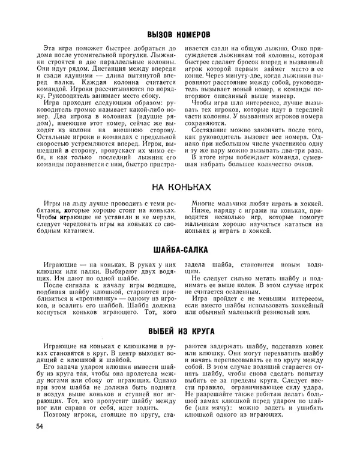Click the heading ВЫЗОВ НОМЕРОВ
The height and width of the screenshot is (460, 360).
[x=179, y=35]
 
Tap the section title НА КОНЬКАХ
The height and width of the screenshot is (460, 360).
[x=179, y=187]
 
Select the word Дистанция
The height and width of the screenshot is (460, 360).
[x=90, y=70]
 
